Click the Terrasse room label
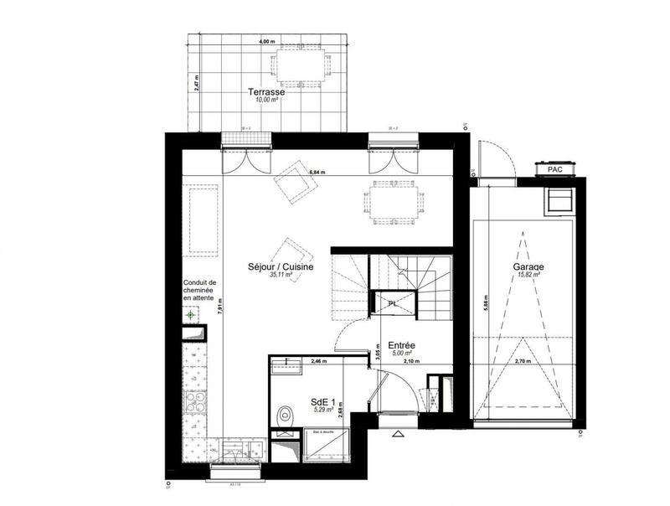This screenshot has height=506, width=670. (x=265, y=92)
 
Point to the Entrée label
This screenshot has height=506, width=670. (x=402, y=344)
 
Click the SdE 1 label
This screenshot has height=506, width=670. (x=322, y=400)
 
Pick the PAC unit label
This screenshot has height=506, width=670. (x=554, y=169)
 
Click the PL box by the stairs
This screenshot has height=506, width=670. (x=392, y=303)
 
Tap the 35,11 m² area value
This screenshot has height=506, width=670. (x=281, y=275)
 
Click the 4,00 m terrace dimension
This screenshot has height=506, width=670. (x=266, y=41)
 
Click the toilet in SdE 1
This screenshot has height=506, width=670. (x=285, y=414)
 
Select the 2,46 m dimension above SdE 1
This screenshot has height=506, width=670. (x=317, y=361)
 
